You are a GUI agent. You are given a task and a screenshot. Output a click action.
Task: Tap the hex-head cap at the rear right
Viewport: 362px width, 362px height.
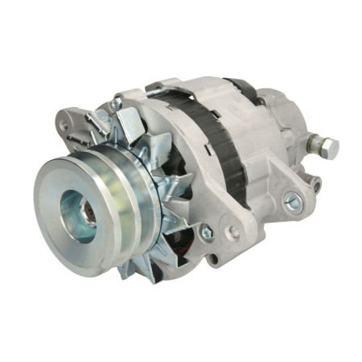pos(327,147)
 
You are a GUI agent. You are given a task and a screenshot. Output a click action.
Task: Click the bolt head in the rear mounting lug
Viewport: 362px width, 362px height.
pos(294,204)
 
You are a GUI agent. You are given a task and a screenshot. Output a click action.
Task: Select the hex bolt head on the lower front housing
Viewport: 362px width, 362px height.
pos(207,232)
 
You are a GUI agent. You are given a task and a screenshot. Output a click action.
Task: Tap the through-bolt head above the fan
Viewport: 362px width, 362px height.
pos(117,105)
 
